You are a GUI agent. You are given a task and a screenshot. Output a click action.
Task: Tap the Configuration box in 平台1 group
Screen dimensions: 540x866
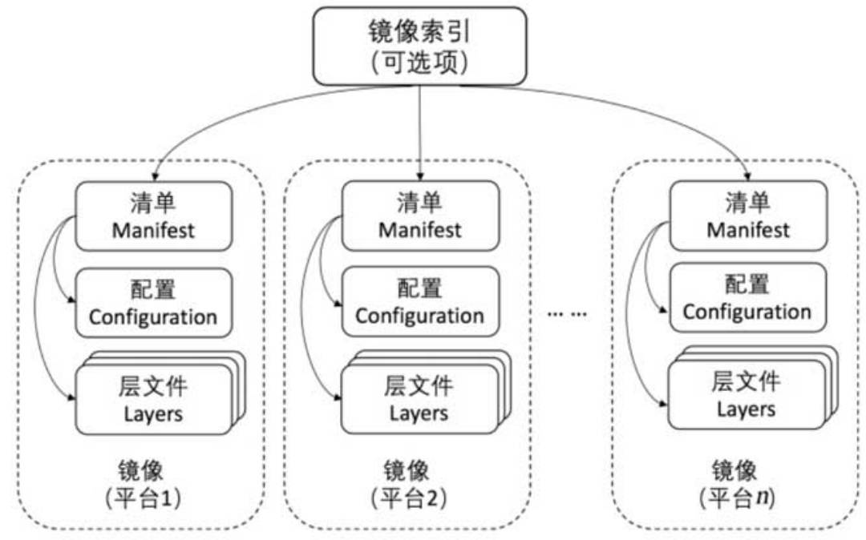pyautogui.click(x=153, y=302)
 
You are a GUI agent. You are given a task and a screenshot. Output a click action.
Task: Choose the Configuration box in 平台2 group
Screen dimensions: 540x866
pyautogui.click(x=420, y=302)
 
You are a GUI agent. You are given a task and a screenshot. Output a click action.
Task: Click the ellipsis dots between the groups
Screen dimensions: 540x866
pyautogui.click(x=567, y=314)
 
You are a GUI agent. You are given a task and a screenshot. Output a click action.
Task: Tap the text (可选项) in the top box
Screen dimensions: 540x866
pyautogui.click(x=420, y=61)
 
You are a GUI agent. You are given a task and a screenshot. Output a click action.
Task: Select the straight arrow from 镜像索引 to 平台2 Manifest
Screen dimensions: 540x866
pyautogui.click(x=420, y=132)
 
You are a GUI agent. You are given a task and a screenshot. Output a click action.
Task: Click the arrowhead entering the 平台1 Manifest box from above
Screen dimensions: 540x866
pyautogui.click(x=154, y=176)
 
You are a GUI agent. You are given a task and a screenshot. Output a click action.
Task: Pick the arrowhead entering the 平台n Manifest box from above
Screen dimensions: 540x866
pyautogui.click(x=747, y=175)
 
